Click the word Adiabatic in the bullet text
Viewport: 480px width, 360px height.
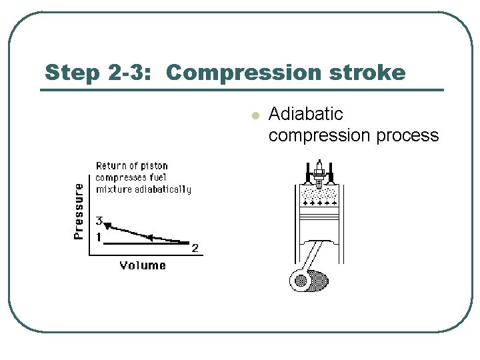coord(305,115)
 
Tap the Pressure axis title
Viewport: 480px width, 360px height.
coord(79,211)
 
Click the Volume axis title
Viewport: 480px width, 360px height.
coord(143,265)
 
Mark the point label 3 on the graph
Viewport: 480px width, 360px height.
coord(99,221)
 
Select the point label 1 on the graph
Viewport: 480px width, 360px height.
coord(98,237)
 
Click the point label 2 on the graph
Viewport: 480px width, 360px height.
coord(195,249)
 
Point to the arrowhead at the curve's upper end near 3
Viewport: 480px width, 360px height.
coord(106,225)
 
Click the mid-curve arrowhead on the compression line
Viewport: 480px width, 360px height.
coord(150,237)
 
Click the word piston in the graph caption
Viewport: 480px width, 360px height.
coord(154,165)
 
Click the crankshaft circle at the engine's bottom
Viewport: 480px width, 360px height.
coord(301,281)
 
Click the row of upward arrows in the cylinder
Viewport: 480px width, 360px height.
coord(319,202)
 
